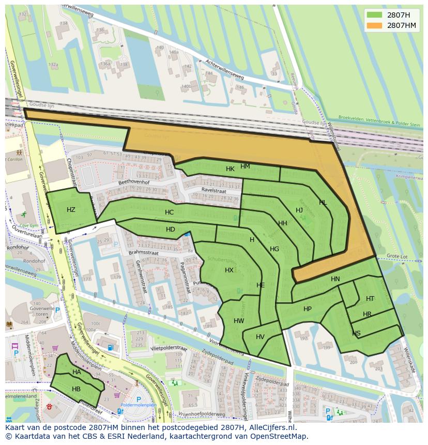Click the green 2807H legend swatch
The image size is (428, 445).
pyautogui.click(x=375, y=15)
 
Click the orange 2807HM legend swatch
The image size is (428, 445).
pyautogui.click(x=375, y=25)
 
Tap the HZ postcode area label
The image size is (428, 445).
pyautogui.click(x=71, y=209)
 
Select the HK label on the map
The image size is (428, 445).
pyautogui.click(x=230, y=169)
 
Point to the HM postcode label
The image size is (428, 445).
pyautogui.click(x=245, y=166)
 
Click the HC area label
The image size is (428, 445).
pyautogui.click(x=169, y=212)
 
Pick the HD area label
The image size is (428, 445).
pyautogui.click(x=171, y=229)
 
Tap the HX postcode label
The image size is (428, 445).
pyautogui.click(x=229, y=270)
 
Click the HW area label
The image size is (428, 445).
pyautogui.click(x=239, y=321)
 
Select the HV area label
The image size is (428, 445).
pyautogui.click(x=260, y=337)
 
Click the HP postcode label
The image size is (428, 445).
pyautogui.click(x=308, y=309)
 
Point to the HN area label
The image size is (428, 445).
pyautogui.click(x=335, y=279)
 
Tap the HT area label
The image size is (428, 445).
pyautogui.click(x=370, y=299)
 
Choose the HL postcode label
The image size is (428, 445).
pyautogui.click(x=323, y=203)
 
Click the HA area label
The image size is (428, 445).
pyautogui.click(x=77, y=372)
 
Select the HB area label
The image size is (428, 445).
pyautogui.click(x=76, y=389)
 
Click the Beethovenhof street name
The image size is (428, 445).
pyautogui.click(x=133, y=182)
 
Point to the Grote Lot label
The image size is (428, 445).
pyautogui.click(x=397, y=256)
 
